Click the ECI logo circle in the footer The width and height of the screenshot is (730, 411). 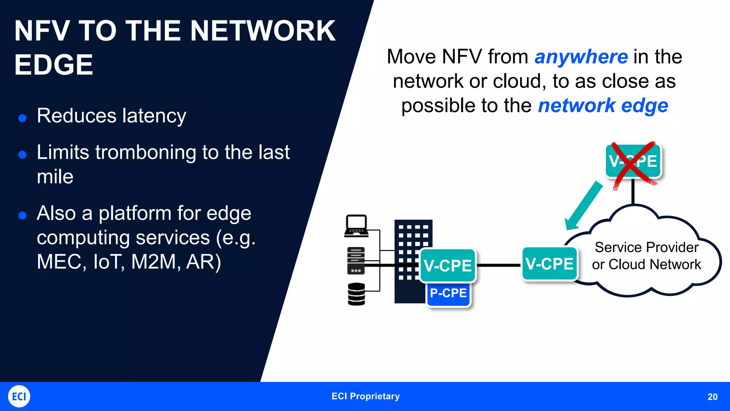[19, 396]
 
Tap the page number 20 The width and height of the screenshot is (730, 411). [712, 397]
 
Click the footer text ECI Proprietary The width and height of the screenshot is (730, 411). [365, 396]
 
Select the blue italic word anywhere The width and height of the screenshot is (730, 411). [581, 57]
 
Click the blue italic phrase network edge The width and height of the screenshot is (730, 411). [603, 106]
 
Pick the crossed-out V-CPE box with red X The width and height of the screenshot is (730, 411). [633, 161]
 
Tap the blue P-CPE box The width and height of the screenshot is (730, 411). [448, 293]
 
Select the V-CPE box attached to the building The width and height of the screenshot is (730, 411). [448, 266]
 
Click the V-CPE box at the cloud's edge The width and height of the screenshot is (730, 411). [549, 264]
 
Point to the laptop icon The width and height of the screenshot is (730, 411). [356, 225]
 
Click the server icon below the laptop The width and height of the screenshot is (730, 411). [356, 260]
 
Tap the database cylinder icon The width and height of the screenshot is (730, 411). [356, 294]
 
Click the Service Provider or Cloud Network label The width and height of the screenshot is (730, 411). [646, 256]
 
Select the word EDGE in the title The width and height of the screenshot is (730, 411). [53, 65]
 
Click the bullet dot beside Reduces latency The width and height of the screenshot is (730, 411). [22, 118]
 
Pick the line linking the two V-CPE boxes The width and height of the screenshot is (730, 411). [499, 265]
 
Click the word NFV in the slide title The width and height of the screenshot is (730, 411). [42, 31]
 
